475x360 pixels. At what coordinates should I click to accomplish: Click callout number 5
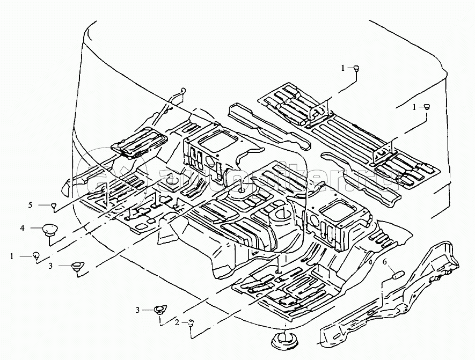(31, 205)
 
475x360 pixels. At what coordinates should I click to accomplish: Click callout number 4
(23, 228)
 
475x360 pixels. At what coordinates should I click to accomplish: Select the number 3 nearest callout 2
(137, 310)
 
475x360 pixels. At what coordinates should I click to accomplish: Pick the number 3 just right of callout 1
(50, 265)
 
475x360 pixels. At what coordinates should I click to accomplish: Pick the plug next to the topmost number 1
(356, 68)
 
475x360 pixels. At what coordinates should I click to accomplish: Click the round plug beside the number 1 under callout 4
(35, 255)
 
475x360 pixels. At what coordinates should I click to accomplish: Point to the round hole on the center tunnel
(277, 217)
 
